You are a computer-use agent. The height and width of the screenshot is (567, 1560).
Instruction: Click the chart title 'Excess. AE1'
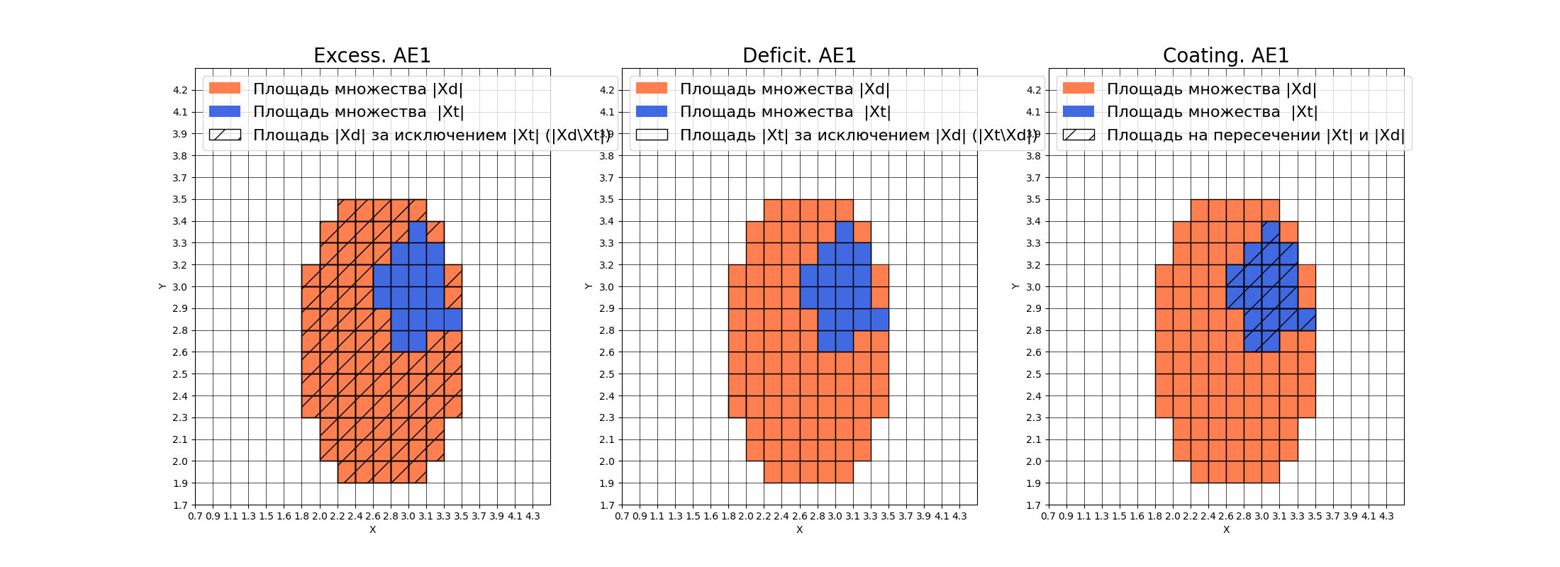(x=372, y=55)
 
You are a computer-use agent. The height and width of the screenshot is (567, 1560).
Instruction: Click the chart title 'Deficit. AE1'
(x=799, y=55)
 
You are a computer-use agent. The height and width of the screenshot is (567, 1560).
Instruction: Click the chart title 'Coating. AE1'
(x=1226, y=55)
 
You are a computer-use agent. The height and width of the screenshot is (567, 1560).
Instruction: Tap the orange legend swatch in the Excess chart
(x=225, y=89)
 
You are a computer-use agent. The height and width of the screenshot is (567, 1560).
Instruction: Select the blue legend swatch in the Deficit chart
(x=652, y=111)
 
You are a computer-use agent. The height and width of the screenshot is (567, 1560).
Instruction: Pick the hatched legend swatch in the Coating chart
(x=1079, y=135)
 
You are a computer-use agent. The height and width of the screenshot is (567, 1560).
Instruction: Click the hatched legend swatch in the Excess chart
(x=225, y=135)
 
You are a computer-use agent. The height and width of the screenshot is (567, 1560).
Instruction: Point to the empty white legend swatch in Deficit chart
(x=652, y=135)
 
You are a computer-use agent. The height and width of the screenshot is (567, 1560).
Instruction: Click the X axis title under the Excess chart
(x=372, y=529)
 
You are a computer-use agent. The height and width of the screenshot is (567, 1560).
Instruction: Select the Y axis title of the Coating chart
(x=1015, y=286)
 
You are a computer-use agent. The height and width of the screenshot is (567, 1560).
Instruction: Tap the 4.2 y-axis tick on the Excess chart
(x=180, y=90)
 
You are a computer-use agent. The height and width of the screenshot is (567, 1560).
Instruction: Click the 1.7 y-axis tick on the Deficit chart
(x=607, y=505)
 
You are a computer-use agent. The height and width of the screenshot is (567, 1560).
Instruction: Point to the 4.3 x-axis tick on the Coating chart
(x=1386, y=516)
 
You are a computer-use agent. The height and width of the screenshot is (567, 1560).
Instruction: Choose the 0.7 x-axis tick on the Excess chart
(x=195, y=516)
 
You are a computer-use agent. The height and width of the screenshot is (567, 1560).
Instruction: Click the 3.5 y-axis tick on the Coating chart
(x=1034, y=199)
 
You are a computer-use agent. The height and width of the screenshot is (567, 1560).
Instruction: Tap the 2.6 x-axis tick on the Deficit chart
(x=799, y=516)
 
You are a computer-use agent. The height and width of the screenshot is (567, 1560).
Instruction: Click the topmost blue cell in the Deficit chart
(x=844, y=232)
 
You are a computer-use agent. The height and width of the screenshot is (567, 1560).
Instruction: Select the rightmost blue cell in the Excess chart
(x=453, y=319)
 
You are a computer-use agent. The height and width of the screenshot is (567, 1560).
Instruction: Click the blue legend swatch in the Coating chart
(x=1079, y=111)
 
